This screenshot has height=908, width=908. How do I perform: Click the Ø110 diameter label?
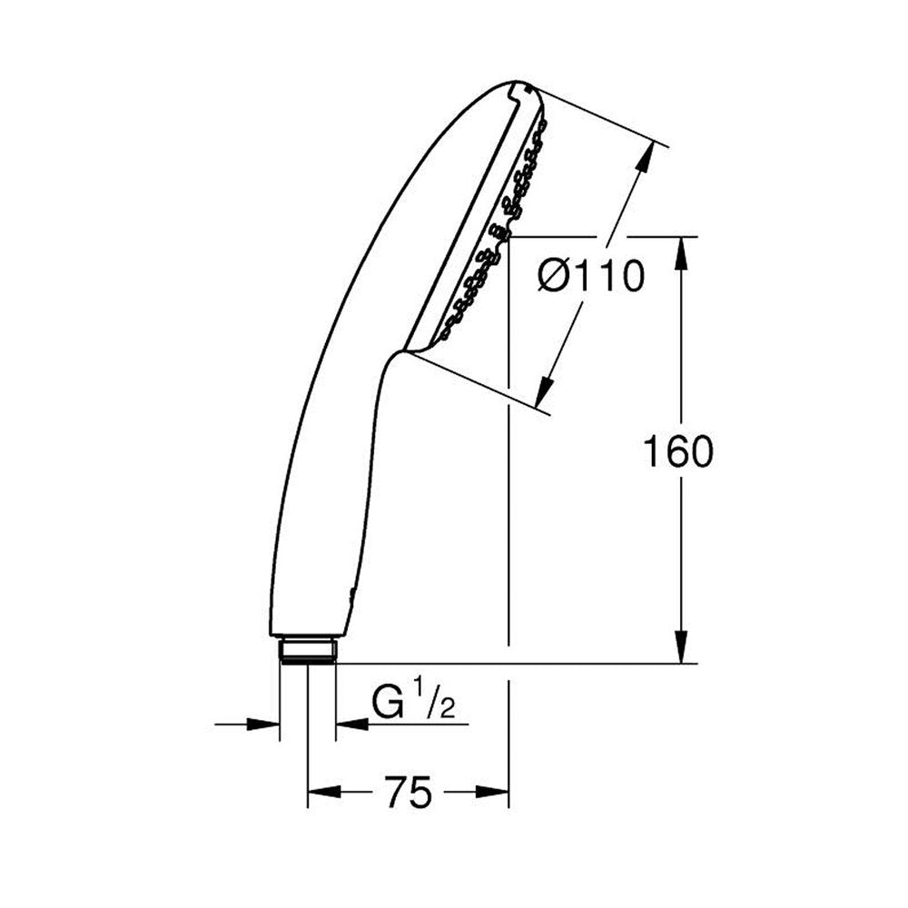(591, 276)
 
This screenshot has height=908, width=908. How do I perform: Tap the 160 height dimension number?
(678, 451)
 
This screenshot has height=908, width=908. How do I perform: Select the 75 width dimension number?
(409, 792)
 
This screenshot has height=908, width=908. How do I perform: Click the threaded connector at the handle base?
(307, 650)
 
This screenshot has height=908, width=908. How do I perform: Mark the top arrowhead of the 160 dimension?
(682, 252)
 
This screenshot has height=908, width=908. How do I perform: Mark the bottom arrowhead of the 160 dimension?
(682, 647)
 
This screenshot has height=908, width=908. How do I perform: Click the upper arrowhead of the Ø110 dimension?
(646, 156)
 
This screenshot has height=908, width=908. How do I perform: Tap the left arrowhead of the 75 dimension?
(323, 792)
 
